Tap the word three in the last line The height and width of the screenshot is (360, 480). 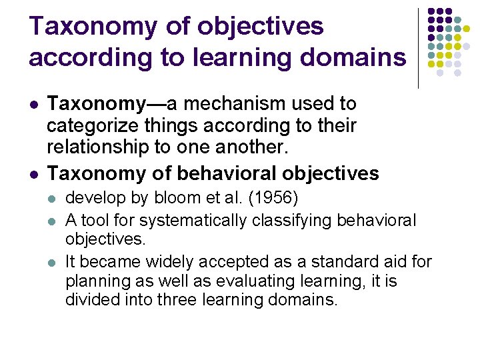click(x=176, y=300)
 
